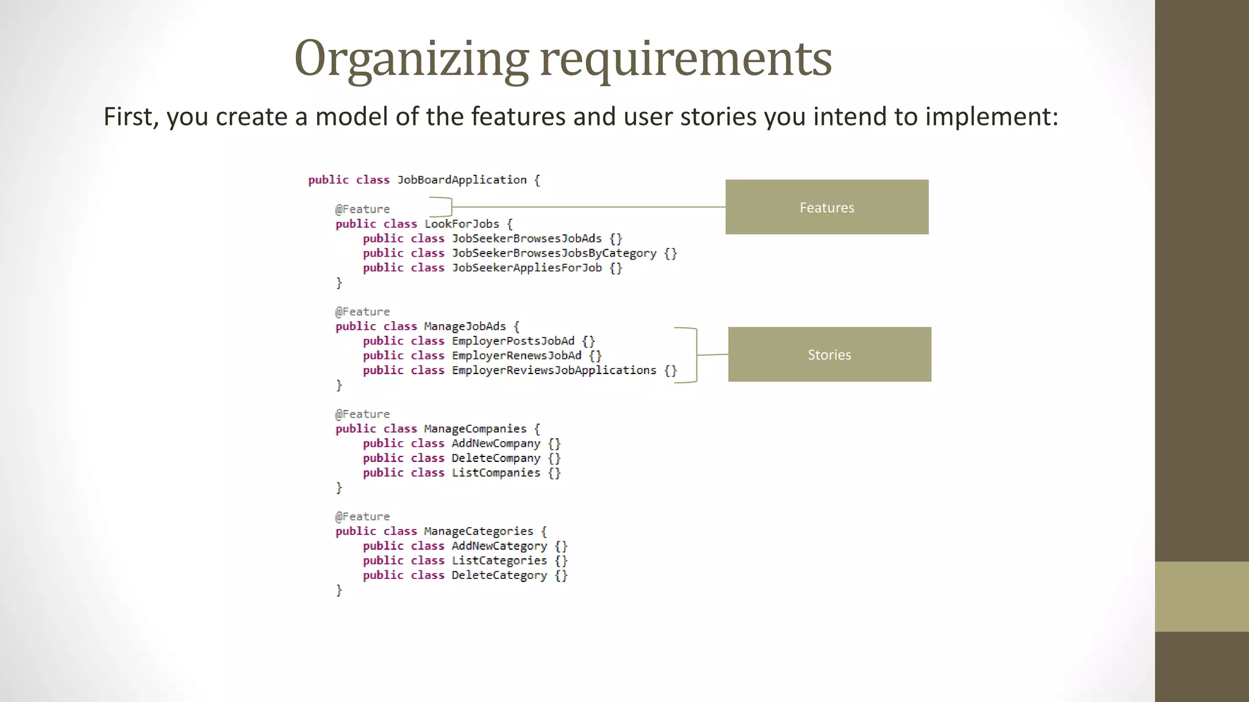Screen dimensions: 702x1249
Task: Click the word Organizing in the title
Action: [x=410, y=59]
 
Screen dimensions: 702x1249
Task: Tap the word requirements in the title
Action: [x=685, y=59]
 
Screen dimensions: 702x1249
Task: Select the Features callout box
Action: [x=826, y=207]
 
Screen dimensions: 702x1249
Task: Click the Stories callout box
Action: [x=829, y=355]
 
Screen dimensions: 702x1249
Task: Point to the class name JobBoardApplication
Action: [x=462, y=180]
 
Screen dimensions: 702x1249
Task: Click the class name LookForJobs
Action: [x=462, y=224]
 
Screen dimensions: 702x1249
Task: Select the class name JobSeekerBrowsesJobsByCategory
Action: [x=554, y=253]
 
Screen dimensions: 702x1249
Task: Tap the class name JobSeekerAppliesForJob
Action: [x=526, y=268]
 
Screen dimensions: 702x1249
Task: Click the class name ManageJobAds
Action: [x=465, y=326]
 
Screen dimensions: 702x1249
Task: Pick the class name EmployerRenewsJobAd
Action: [x=516, y=355]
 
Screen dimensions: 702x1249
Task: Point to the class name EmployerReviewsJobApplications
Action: [x=554, y=370]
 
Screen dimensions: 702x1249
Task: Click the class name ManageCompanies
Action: [x=475, y=428]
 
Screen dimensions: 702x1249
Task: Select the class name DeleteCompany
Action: [x=496, y=458]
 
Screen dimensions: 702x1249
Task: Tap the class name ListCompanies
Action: [x=496, y=472]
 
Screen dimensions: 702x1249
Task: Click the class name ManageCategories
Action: [x=479, y=531]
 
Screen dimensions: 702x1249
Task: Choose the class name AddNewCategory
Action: [x=499, y=545]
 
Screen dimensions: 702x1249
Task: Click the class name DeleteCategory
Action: [x=499, y=575]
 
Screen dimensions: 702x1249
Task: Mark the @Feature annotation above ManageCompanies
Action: [x=362, y=414]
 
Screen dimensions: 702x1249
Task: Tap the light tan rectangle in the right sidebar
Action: [x=1201, y=596]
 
